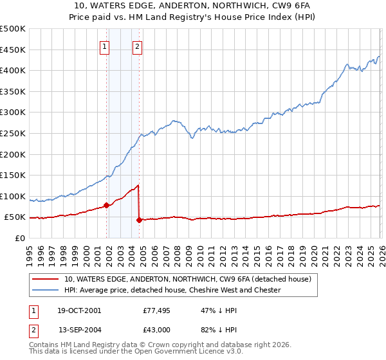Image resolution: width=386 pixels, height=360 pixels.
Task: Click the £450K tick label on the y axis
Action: point(13,50)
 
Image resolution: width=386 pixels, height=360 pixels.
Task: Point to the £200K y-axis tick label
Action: point(13,154)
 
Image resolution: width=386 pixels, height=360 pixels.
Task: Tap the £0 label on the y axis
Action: point(20,238)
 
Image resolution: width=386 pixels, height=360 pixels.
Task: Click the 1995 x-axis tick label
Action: point(30,250)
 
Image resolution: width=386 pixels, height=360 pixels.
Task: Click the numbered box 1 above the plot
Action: point(104,46)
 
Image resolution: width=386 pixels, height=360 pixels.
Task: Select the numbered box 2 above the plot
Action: point(138,46)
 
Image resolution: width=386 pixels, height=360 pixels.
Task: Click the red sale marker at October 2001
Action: point(106,206)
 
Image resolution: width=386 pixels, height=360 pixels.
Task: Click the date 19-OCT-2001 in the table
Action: point(79,310)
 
